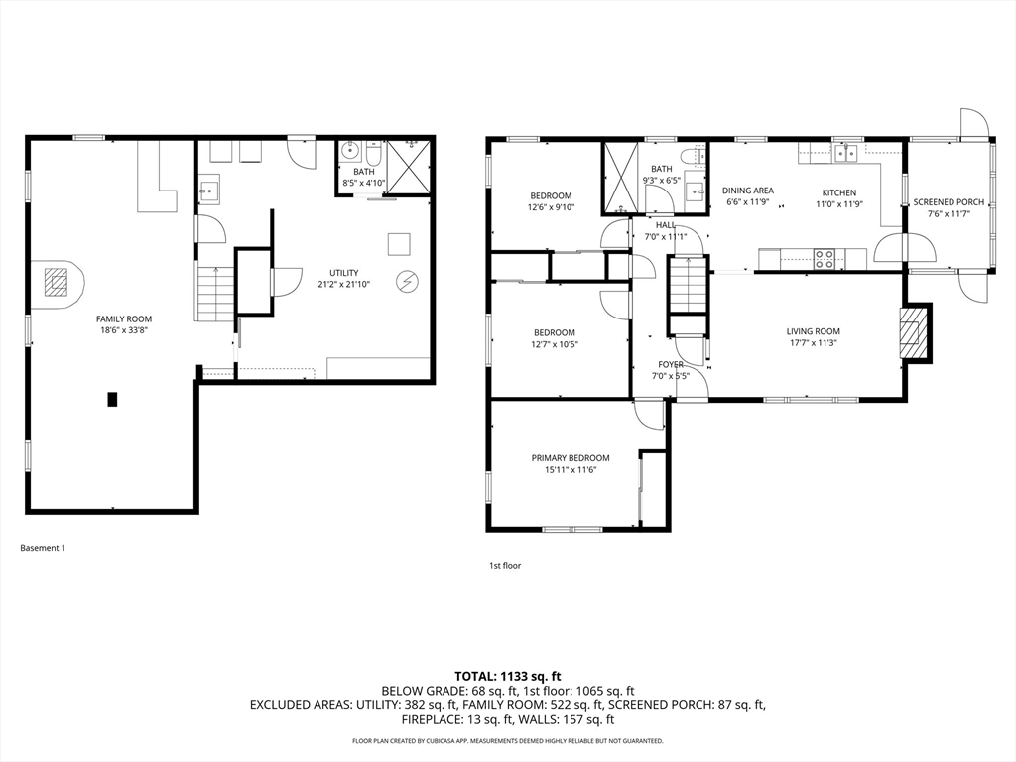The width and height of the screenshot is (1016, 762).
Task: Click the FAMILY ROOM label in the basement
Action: click(x=124, y=318)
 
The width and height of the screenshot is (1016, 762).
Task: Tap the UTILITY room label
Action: click(x=343, y=273)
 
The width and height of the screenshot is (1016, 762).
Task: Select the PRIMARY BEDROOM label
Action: click(x=571, y=458)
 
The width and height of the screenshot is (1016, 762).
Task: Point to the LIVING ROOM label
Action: click(x=814, y=331)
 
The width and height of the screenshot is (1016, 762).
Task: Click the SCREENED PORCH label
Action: click(x=949, y=202)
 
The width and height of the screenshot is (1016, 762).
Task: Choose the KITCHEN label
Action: click(x=839, y=192)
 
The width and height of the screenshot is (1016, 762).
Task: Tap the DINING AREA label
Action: click(x=748, y=190)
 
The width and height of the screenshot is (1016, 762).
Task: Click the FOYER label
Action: click(x=671, y=364)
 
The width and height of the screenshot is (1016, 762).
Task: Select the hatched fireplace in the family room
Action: click(x=56, y=283)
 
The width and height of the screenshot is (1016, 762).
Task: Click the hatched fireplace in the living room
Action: click(x=911, y=332)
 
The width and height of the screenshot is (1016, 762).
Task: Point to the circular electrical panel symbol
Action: click(x=407, y=281)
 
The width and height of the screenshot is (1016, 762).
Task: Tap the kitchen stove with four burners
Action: click(x=825, y=259)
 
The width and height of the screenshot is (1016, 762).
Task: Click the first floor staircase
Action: click(x=687, y=285)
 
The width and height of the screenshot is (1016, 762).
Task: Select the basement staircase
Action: click(x=214, y=293)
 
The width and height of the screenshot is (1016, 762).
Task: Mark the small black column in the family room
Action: click(x=112, y=399)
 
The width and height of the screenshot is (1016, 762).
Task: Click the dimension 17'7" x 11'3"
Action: click(x=814, y=343)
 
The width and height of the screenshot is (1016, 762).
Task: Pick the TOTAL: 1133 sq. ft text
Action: click(x=507, y=677)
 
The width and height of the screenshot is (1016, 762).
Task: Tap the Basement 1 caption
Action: click(x=43, y=548)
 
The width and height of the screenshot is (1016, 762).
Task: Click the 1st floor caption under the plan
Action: click(x=505, y=565)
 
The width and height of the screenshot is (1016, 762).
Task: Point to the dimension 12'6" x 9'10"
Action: click(x=551, y=208)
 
